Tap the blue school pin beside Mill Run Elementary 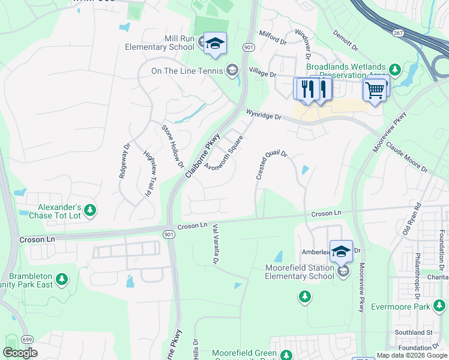point(215,44)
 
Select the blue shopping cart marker point(375,91)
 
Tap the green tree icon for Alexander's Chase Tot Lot point(90,210)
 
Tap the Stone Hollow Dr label point(172,146)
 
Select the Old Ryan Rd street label point(412,217)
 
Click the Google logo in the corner point(20,353)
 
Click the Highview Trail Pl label point(149,174)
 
